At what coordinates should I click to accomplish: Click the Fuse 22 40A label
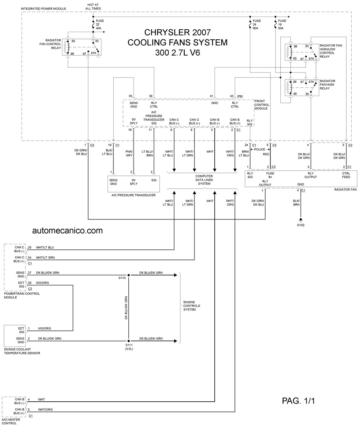click(x=100, y=25)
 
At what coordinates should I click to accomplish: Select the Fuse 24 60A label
click(x=256, y=25)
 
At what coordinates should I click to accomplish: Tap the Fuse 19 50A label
click(x=282, y=25)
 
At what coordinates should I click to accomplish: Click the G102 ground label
click(x=301, y=225)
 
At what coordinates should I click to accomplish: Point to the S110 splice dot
click(x=129, y=275)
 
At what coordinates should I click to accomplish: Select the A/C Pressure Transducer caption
click(x=133, y=195)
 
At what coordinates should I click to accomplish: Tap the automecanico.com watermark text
click(x=67, y=231)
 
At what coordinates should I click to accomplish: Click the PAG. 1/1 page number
click(x=298, y=401)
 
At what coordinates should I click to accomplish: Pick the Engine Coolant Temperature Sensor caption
click(x=22, y=351)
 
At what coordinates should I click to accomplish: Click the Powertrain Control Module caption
click(x=22, y=296)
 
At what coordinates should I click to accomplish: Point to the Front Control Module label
click(x=262, y=105)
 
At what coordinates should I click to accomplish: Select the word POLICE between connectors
click(x=260, y=149)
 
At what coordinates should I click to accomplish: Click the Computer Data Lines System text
click(x=204, y=180)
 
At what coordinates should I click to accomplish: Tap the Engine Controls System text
click(x=192, y=306)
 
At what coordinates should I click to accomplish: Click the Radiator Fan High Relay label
click(x=327, y=85)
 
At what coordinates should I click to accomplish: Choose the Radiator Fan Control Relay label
click(x=51, y=44)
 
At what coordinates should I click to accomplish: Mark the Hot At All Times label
click(x=93, y=7)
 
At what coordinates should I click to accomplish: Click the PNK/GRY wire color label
click(x=129, y=154)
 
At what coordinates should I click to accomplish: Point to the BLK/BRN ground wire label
click(x=296, y=202)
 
